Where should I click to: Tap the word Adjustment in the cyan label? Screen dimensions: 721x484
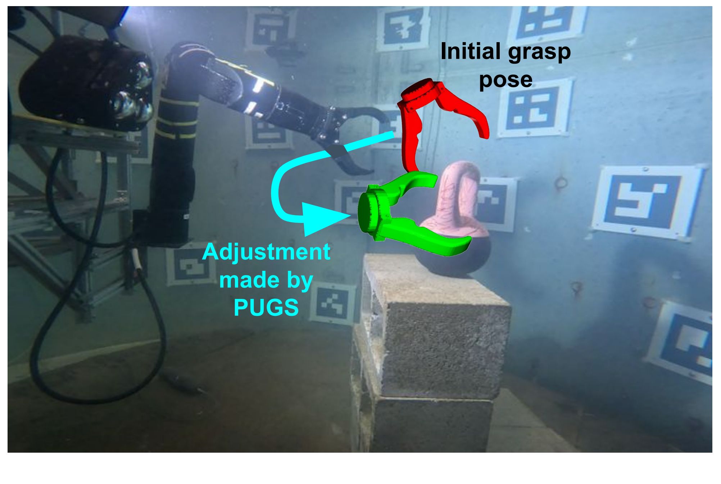pyautogui.click(x=266, y=252)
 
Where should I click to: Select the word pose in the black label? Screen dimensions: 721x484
pyautogui.click(x=505, y=79)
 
